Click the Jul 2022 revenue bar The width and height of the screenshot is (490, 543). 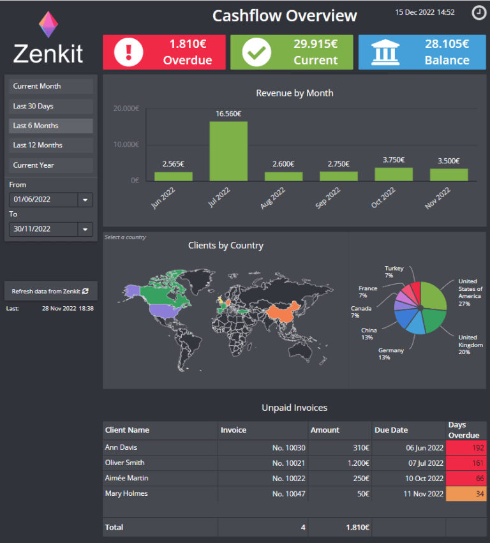[228, 151]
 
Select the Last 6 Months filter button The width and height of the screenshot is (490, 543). [51, 126]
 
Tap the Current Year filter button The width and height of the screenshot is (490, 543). [51, 165]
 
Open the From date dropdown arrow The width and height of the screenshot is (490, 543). [85, 200]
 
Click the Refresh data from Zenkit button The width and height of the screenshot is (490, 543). [50, 291]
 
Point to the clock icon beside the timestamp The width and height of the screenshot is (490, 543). [478, 12]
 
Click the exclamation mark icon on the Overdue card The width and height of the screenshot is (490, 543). [129, 52]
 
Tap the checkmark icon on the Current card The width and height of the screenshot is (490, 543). [256, 52]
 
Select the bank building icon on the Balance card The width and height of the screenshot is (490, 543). [384, 52]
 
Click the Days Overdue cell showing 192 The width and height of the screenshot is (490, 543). [466, 448]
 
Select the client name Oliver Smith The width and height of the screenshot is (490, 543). [126, 463]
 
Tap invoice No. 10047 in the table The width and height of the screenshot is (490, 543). [288, 494]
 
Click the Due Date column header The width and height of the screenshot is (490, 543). [391, 430]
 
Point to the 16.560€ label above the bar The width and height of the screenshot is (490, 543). [228, 114]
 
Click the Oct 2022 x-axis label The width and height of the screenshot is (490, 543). [383, 197]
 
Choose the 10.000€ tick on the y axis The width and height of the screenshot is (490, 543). [126, 145]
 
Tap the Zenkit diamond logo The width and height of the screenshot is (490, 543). [48, 25]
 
